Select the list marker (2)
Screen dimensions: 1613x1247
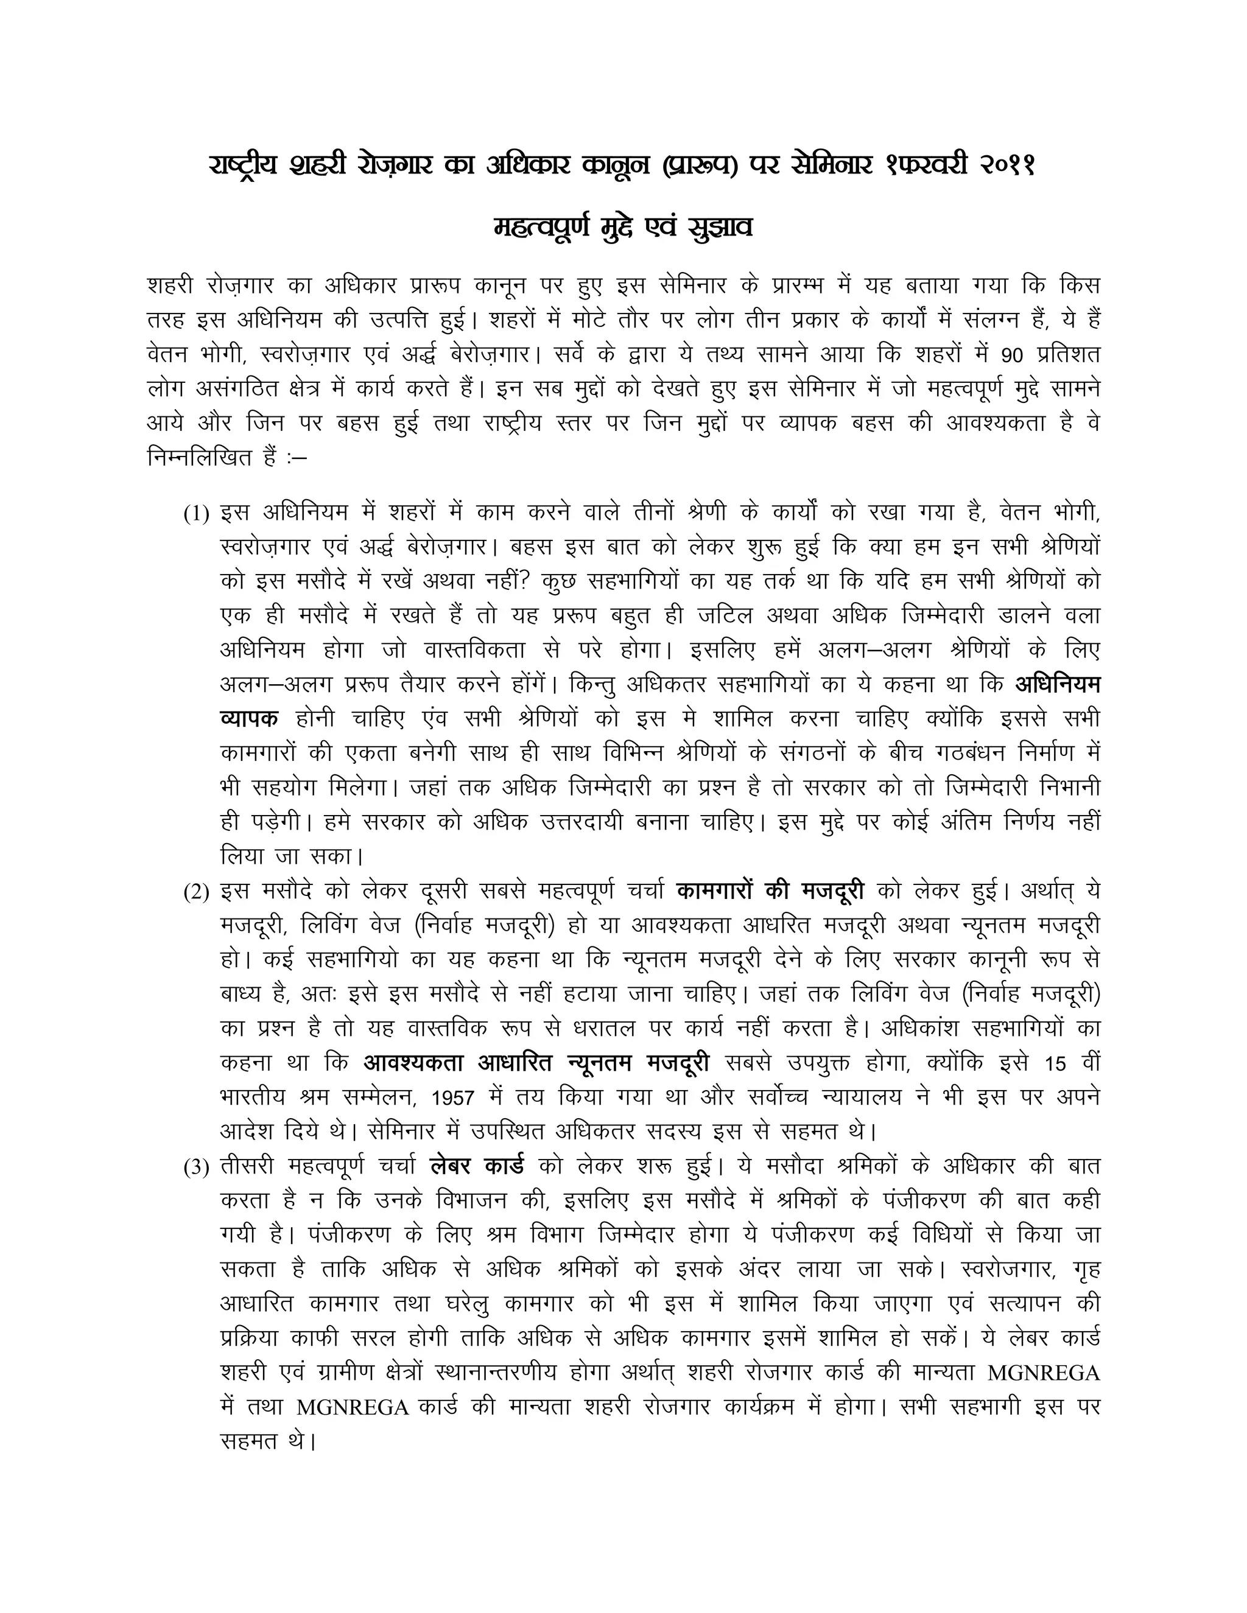coord(197,892)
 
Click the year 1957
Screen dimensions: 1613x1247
coord(453,1098)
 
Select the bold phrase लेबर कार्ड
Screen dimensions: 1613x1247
coord(477,1166)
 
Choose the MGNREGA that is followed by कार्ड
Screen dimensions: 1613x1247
coord(353,1408)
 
